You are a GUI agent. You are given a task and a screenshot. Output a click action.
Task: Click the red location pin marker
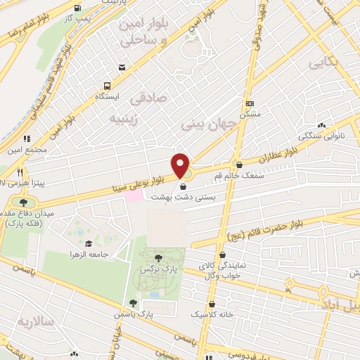pos(181,166)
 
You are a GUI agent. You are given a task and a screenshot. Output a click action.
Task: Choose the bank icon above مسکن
pos(250,103)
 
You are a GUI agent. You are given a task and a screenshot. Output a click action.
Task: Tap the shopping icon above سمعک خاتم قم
pos(238,165)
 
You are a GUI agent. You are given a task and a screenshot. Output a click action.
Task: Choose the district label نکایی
pos(325,63)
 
